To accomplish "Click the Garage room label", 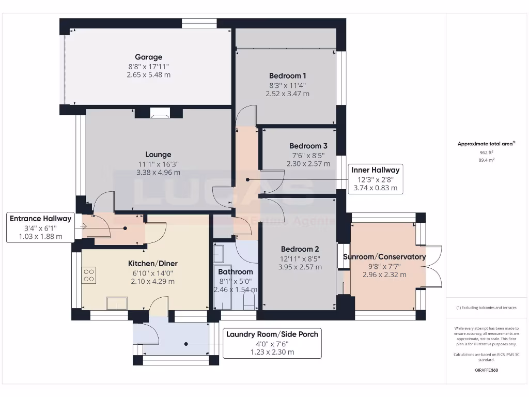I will [148, 57].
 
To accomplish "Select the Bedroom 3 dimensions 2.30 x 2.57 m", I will [308, 163].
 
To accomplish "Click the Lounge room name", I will [158, 154].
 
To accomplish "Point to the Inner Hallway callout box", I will [375, 179].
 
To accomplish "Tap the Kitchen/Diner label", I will [152, 264].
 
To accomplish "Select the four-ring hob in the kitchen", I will [88, 275].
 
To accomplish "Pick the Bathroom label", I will [235, 271].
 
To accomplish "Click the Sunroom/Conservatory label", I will [384, 257].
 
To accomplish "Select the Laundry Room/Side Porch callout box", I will [272, 343].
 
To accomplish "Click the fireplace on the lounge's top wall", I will [160, 113].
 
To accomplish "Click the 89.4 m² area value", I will [487, 160].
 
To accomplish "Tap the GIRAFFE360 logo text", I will [487, 370].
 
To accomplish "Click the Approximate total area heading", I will [486, 144].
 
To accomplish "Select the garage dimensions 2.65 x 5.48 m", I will [148, 75].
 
